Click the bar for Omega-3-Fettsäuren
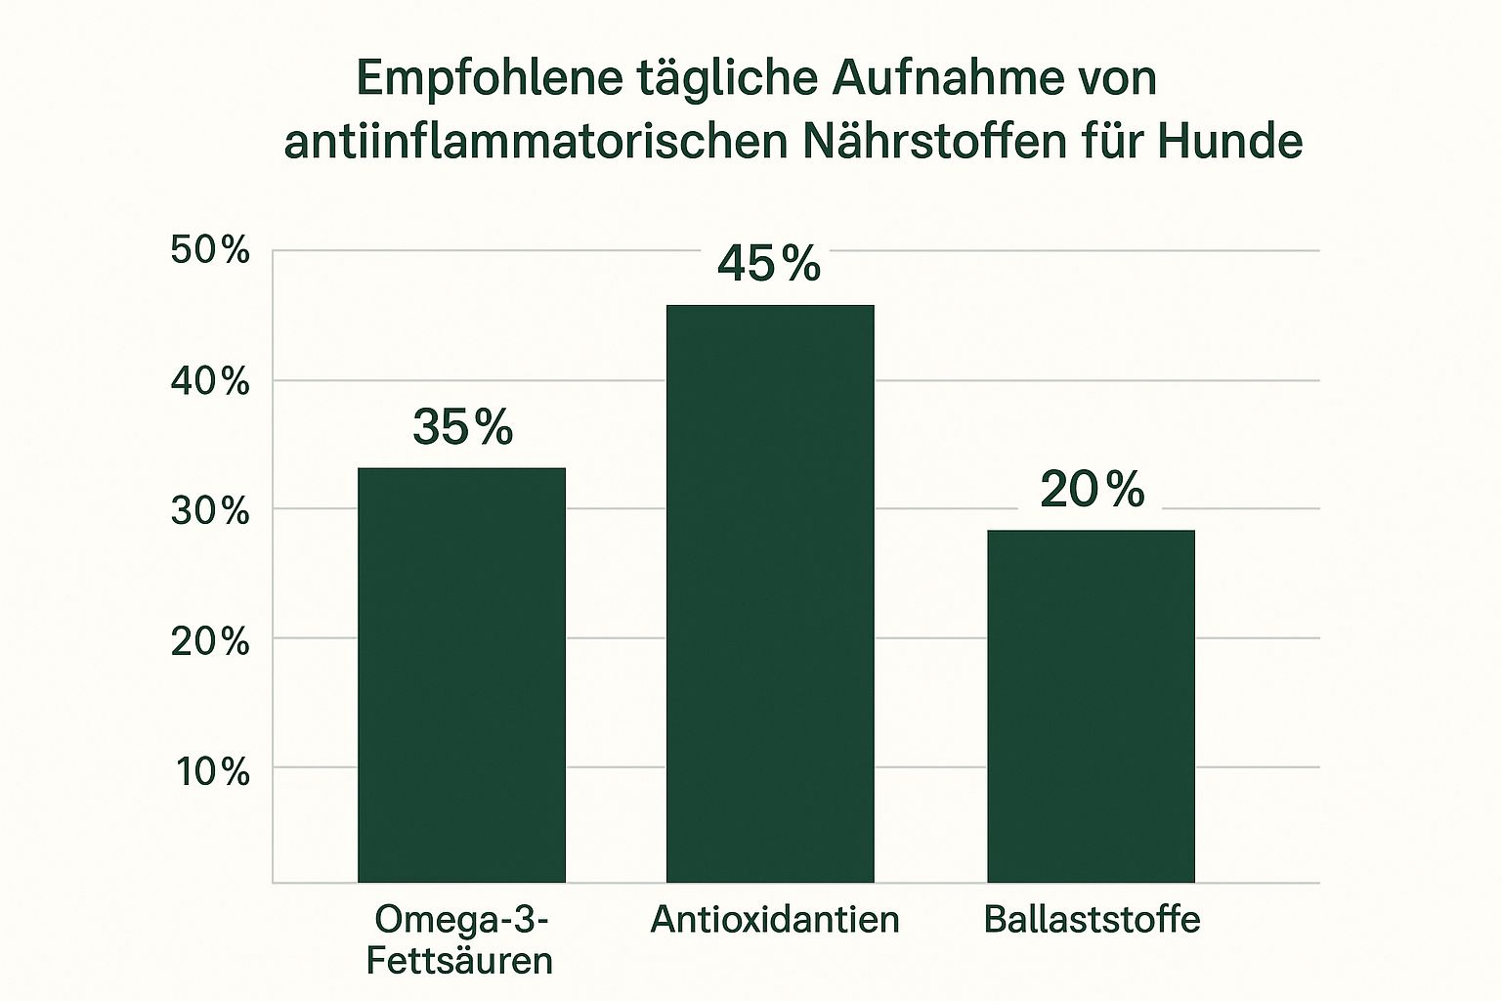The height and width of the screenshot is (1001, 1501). [461, 675]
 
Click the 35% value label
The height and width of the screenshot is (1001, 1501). [462, 427]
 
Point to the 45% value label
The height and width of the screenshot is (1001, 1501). [769, 263]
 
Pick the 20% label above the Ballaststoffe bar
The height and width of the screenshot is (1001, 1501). [1092, 489]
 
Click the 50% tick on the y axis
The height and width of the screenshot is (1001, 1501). [210, 251]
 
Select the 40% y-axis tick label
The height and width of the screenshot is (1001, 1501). [210, 381]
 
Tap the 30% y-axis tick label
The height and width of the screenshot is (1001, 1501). [210, 511]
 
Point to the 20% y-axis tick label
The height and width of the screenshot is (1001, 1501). [210, 642]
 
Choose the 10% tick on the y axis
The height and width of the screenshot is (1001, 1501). [212, 772]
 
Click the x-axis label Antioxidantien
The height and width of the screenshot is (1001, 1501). [775, 919]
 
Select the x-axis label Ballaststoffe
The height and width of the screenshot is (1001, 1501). [1092, 919]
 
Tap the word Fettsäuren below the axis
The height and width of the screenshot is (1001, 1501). [459, 960]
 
